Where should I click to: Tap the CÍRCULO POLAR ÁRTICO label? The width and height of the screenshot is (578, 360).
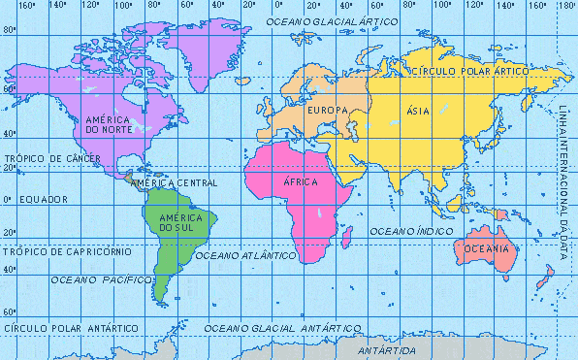(469, 72)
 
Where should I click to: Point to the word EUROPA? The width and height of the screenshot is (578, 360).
(327, 111)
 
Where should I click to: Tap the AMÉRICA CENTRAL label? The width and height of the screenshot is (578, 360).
(174, 182)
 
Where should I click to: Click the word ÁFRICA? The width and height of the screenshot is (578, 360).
(300, 182)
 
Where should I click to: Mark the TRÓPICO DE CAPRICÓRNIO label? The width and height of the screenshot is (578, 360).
(54, 251)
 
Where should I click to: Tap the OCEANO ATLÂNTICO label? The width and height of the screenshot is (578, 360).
(245, 255)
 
